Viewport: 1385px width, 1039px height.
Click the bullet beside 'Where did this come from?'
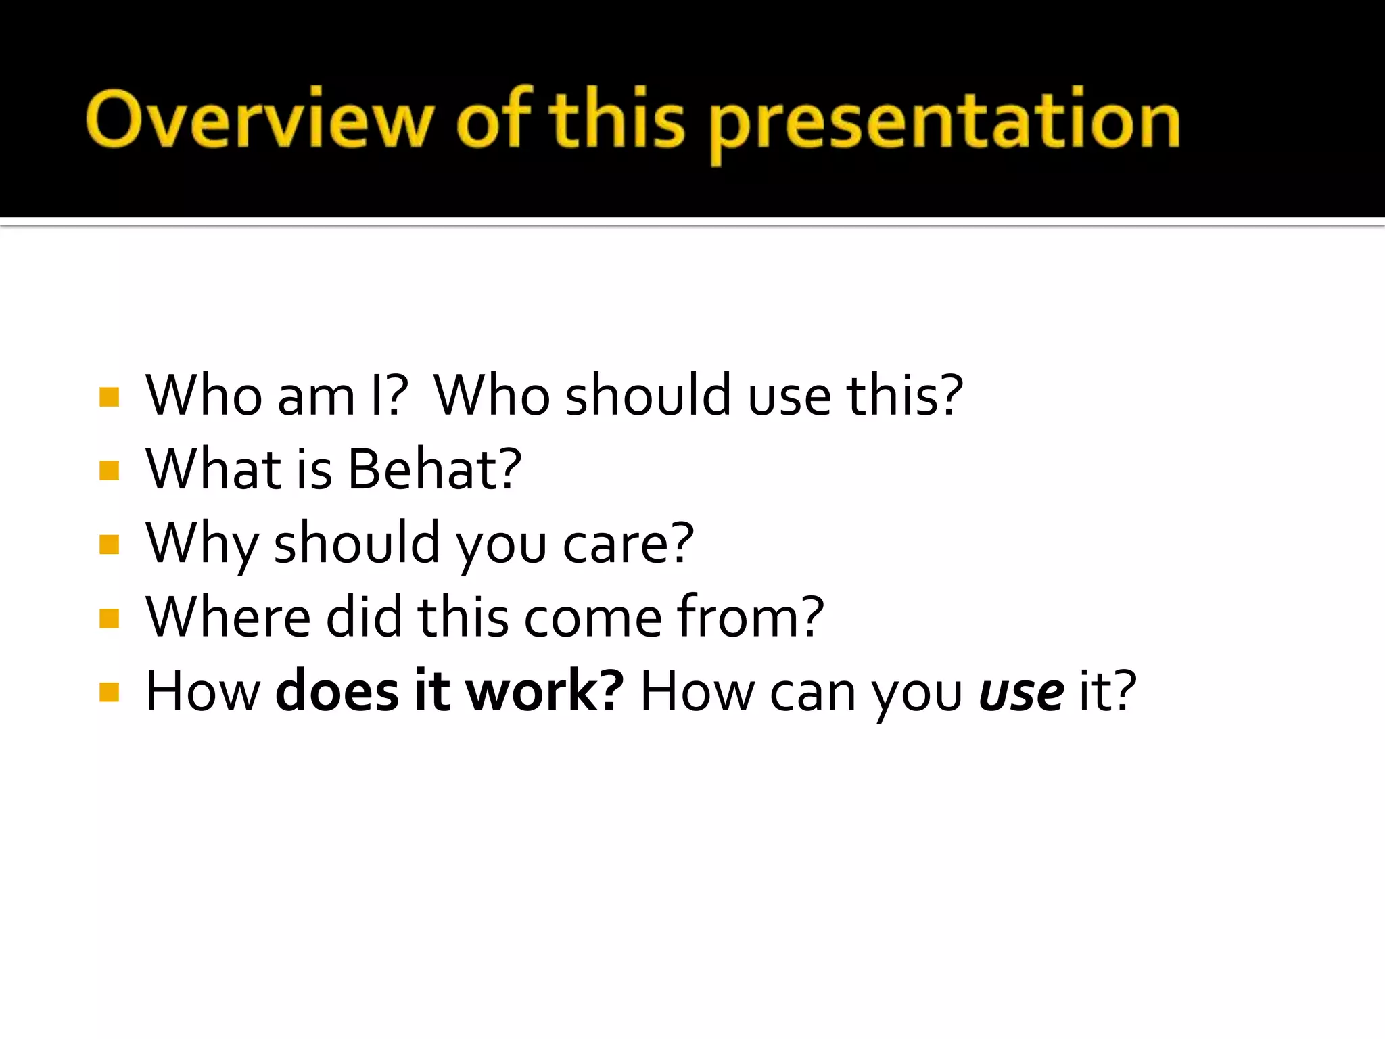click(x=109, y=618)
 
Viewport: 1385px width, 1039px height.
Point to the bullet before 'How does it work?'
click(x=109, y=692)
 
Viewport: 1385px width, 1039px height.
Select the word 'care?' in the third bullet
click(x=628, y=544)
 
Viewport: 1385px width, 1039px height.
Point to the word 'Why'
click(x=202, y=544)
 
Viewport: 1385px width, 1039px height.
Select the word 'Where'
click(x=228, y=617)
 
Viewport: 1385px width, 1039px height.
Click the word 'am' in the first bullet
click(x=316, y=396)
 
